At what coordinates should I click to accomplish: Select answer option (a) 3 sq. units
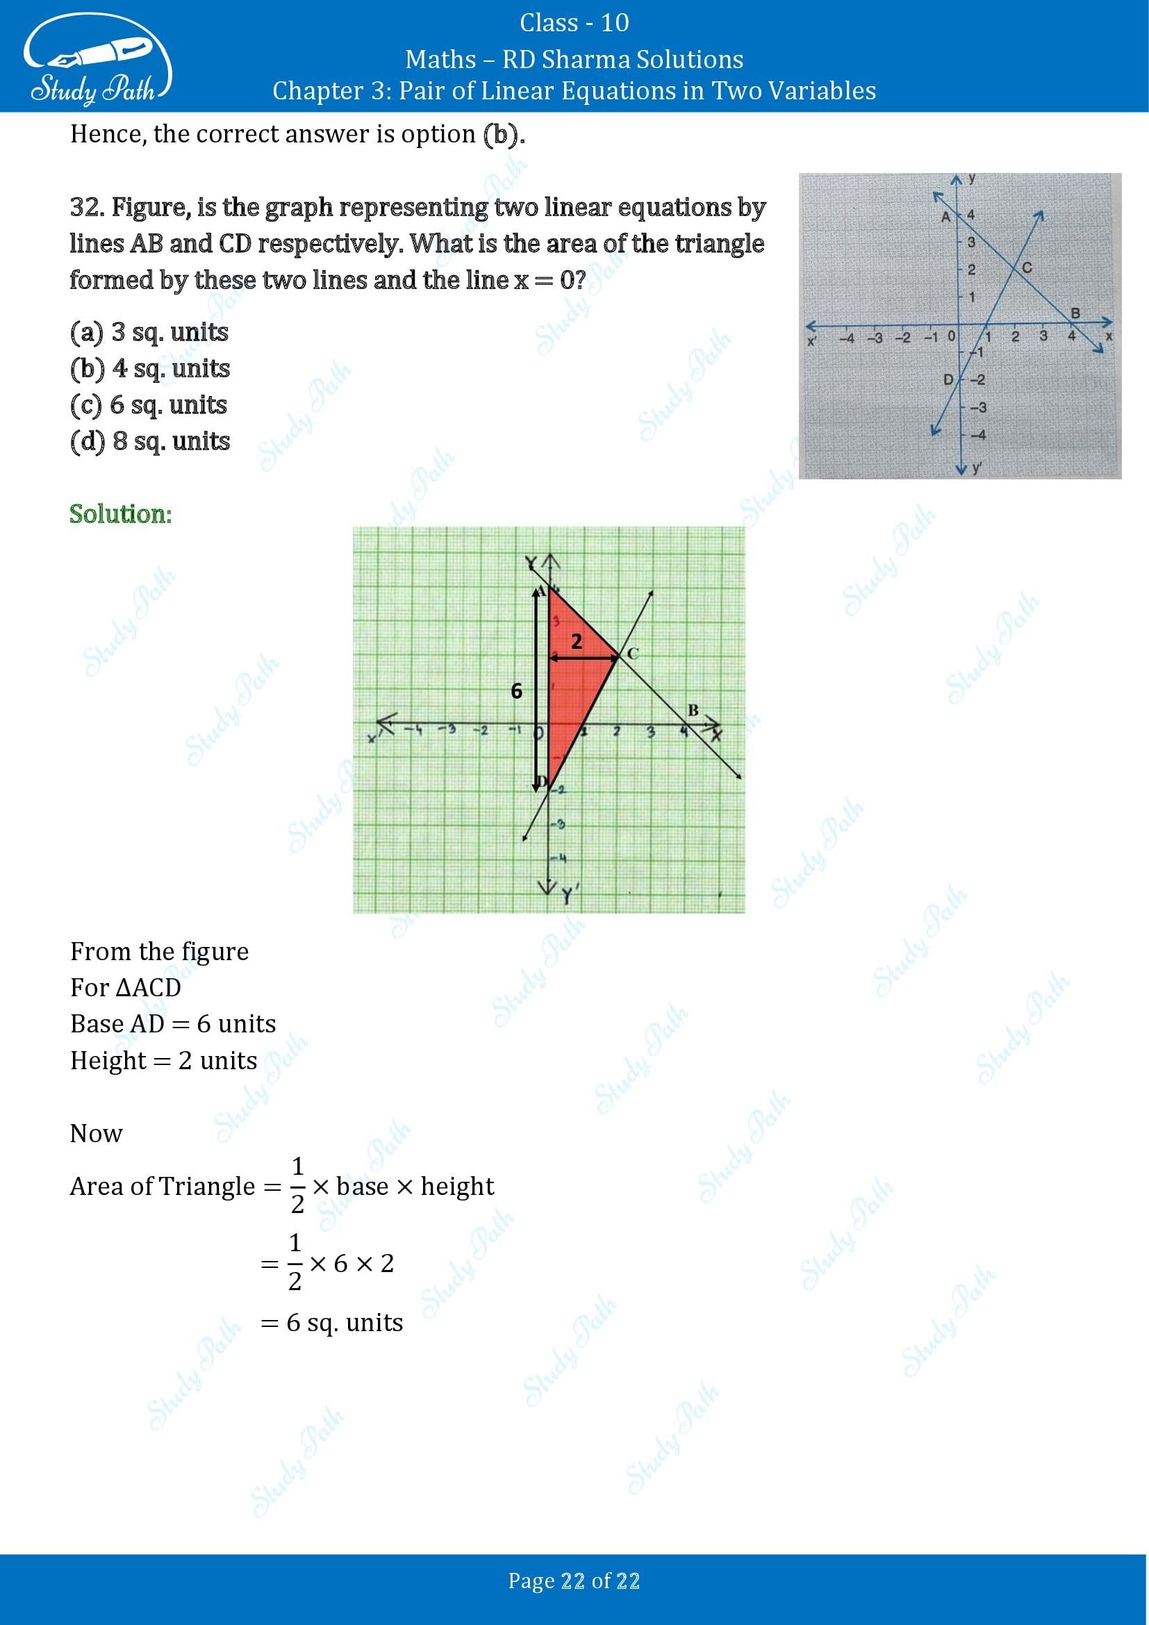[149, 331]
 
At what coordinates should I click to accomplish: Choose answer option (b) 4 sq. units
[150, 368]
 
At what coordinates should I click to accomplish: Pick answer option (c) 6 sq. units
[149, 405]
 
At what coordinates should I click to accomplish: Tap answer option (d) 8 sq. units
[150, 441]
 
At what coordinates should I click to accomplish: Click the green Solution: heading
[121, 514]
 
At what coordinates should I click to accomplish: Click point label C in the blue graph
[1027, 267]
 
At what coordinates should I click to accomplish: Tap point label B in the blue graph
[1075, 313]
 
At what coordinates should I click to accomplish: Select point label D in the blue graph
[949, 380]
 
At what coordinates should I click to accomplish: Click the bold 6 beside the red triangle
[516, 691]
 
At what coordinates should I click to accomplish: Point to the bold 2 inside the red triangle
[577, 641]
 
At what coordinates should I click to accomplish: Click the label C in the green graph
[633, 654]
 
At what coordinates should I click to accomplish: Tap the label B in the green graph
[693, 710]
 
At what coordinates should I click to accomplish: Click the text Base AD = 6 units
[173, 1023]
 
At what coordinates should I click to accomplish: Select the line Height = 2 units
[163, 1060]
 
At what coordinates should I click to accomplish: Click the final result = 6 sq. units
[332, 1322]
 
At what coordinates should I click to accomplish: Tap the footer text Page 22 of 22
[574, 1581]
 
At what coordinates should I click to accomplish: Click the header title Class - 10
[574, 23]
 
